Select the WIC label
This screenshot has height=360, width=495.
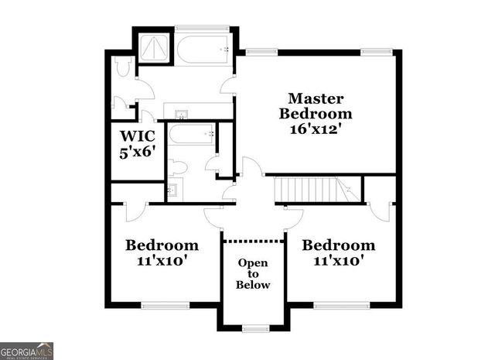point(137,135)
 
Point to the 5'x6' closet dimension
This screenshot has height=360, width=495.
point(137,152)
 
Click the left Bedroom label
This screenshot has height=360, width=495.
point(162,245)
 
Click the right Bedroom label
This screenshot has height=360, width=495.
point(338,245)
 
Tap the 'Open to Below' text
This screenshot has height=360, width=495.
point(253,274)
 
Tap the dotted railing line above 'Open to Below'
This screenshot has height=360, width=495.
point(253,241)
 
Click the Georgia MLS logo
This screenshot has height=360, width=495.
point(27,351)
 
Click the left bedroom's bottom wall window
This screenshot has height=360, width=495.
point(166,305)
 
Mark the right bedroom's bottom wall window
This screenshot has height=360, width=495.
point(337,305)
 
